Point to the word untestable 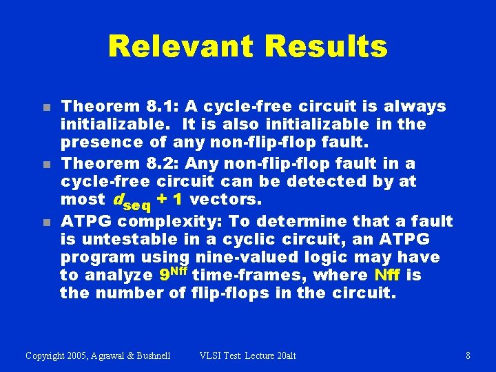point(113,239)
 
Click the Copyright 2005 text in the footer point(98,355)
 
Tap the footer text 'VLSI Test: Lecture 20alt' point(247,355)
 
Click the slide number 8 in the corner point(468,355)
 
